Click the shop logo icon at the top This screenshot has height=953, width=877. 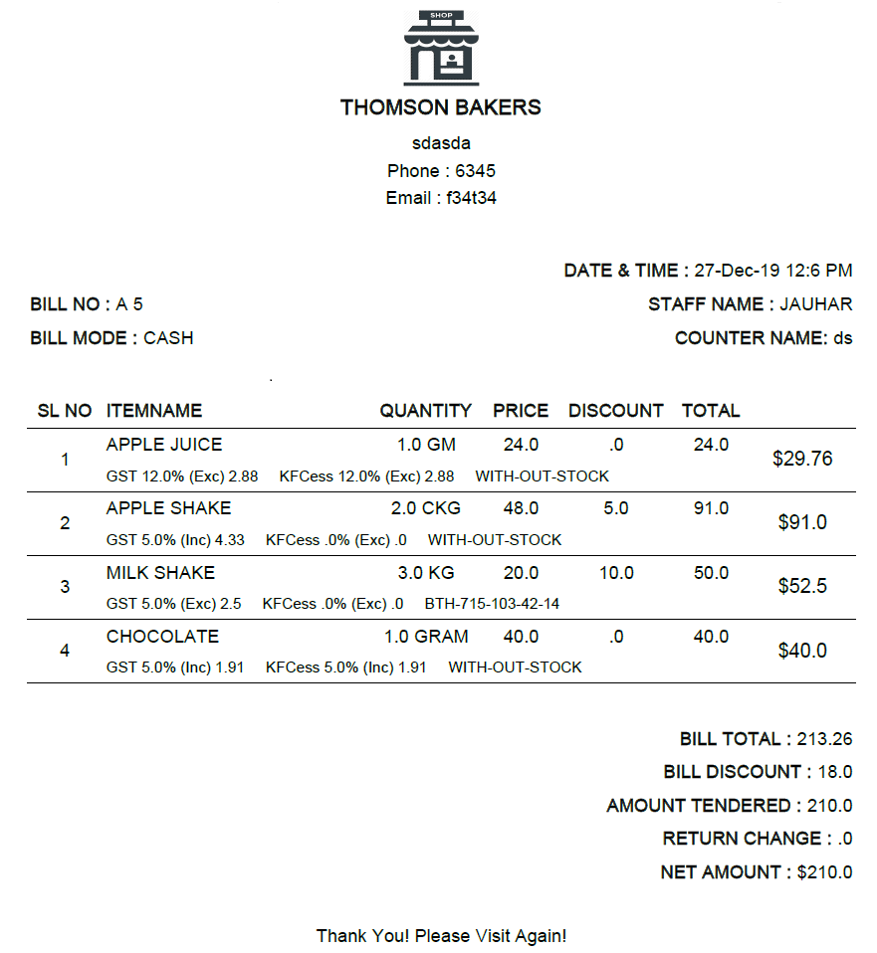pyautogui.click(x=441, y=48)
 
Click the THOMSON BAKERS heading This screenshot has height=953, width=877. pyautogui.click(x=441, y=107)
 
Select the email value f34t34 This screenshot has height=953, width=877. pyautogui.click(x=471, y=198)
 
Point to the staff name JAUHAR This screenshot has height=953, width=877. pyautogui.click(x=815, y=304)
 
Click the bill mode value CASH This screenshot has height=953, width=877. pyautogui.click(x=168, y=338)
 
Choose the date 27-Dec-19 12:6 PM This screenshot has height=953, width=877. pyautogui.click(x=772, y=271)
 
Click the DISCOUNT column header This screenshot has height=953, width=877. pyautogui.click(x=615, y=411)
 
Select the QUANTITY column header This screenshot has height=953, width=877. pyautogui.click(x=425, y=411)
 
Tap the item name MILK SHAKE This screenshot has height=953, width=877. pyautogui.click(x=160, y=573)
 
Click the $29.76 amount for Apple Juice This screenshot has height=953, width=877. pyautogui.click(x=802, y=459)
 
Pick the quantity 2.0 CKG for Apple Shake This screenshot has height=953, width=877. pyautogui.click(x=425, y=508)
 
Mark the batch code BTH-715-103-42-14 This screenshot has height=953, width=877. pyautogui.click(x=492, y=604)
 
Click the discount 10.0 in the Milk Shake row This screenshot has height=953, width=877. pyautogui.click(x=616, y=573)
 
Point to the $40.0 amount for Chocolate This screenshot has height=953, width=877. pyautogui.click(x=802, y=651)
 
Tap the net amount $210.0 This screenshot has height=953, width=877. pyautogui.click(x=824, y=872)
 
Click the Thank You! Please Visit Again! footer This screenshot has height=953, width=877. pyautogui.click(x=441, y=936)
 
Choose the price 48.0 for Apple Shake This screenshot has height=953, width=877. pyautogui.click(x=521, y=508)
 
